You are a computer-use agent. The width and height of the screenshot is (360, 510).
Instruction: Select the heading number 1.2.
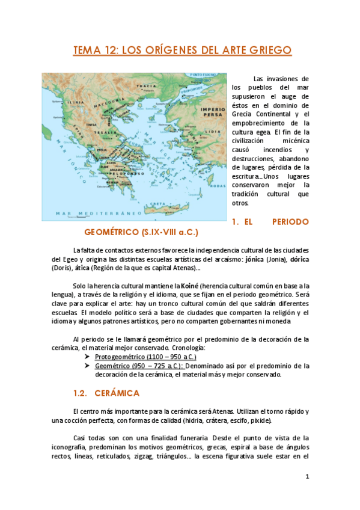[81, 393]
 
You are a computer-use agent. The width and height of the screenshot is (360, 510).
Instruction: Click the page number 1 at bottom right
[307, 477]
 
